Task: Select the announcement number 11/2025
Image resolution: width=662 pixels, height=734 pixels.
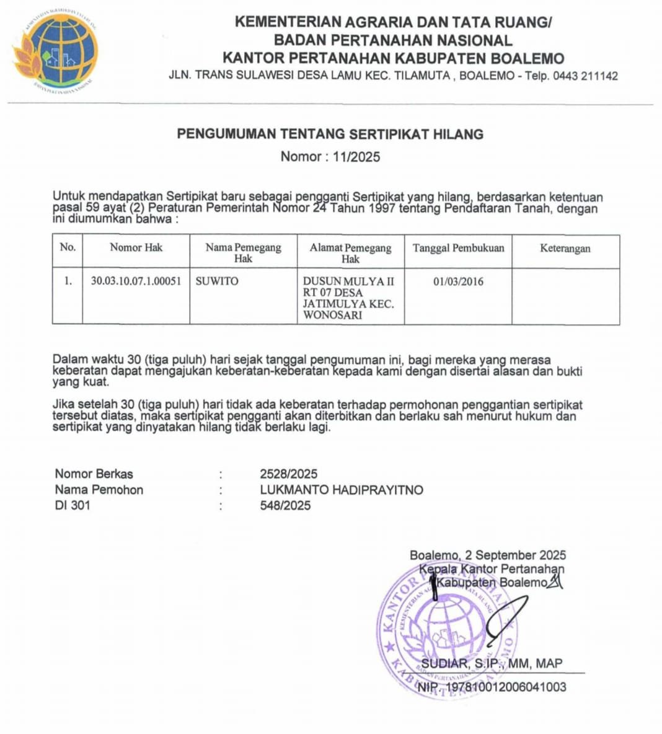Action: pyautogui.click(x=356, y=157)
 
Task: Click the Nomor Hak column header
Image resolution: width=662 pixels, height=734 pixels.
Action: pyautogui.click(x=136, y=248)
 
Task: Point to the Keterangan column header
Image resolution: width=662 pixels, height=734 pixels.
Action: pyautogui.click(x=565, y=249)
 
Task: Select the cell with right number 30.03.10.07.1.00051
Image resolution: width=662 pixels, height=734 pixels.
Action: pyautogui.click(x=136, y=281)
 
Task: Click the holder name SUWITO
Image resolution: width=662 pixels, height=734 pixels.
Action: pyautogui.click(x=217, y=281)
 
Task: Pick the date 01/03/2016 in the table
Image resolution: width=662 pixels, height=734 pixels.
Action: pyautogui.click(x=458, y=281)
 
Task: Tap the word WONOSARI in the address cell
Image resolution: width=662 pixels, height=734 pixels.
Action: pyautogui.click(x=332, y=315)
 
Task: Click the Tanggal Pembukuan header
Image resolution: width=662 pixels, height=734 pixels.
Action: pyautogui.click(x=458, y=248)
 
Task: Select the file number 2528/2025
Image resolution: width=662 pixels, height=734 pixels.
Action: pyautogui.click(x=288, y=474)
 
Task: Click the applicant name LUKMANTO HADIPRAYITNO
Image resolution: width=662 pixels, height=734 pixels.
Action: pyautogui.click(x=342, y=490)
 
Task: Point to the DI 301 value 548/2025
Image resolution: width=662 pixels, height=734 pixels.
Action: pyautogui.click(x=285, y=505)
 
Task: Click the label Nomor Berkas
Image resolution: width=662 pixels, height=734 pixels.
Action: pyautogui.click(x=94, y=474)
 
